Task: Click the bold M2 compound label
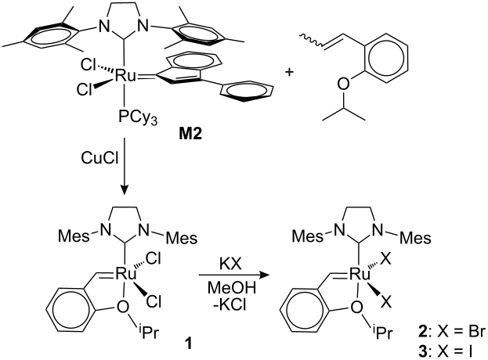pyautogui.click(x=190, y=134)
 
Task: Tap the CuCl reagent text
pyautogui.click(x=99, y=158)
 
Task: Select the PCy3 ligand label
pyautogui.click(x=137, y=118)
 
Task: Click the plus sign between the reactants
pyautogui.click(x=290, y=73)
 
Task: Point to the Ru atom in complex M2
pyautogui.click(x=125, y=76)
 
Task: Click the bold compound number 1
pyautogui.click(x=189, y=344)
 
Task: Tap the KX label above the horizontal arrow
pyautogui.click(x=230, y=265)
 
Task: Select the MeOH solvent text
pyautogui.click(x=232, y=288)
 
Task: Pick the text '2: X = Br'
pyautogui.click(x=451, y=333)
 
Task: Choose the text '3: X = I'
pyautogui.click(x=445, y=352)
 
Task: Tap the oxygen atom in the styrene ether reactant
pyautogui.click(x=343, y=84)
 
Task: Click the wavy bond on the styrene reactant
pyautogui.click(x=311, y=41)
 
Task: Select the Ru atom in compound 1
pyautogui.click(x=126, y=274)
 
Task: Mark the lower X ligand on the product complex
pyautogui.click(x=386, y=302)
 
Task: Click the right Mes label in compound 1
pyautogui.click(x=182, y=238)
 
